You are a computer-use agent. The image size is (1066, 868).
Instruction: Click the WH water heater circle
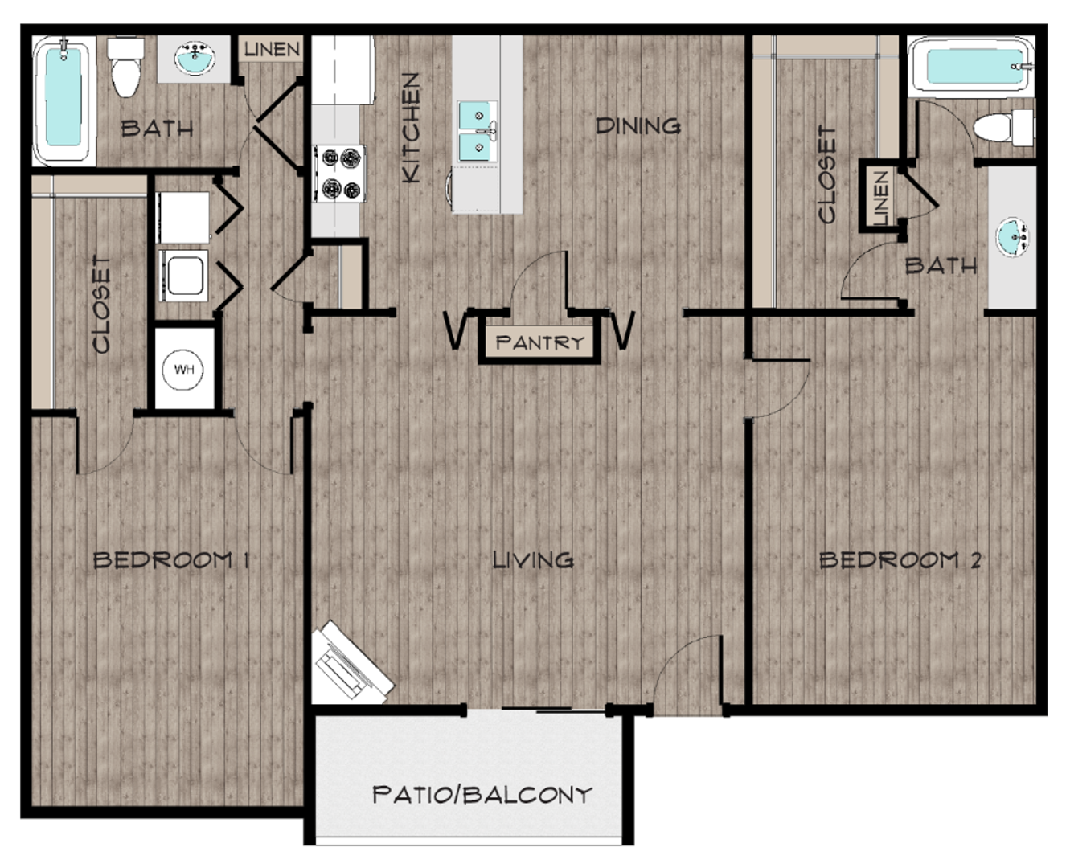pos(184,371)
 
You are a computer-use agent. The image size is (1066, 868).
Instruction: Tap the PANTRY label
pos(539,342)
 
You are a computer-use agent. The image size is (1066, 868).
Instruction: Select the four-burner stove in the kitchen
pos(338,174)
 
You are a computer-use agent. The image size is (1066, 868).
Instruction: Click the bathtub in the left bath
pos(63,100)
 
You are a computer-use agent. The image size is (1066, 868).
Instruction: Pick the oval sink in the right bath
pos(1011,238)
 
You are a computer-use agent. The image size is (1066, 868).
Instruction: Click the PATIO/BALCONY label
pos(482,795)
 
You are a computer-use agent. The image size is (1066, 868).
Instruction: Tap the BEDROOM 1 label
pos(170,559)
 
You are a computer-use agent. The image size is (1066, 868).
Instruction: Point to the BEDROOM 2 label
pos(900,559)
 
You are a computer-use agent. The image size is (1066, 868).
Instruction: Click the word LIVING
pos(533,559)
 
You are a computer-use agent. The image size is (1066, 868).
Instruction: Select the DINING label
pos(638,125)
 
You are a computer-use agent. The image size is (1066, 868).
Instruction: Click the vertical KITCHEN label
pos(410,127)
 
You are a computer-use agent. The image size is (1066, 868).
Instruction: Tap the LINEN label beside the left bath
pos(272,49)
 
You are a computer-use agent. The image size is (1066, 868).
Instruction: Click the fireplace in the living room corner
pos(350,662)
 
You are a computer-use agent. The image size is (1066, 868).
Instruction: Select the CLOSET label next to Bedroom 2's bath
pos(826,174)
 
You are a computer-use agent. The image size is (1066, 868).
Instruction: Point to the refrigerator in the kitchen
pos(343,70)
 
